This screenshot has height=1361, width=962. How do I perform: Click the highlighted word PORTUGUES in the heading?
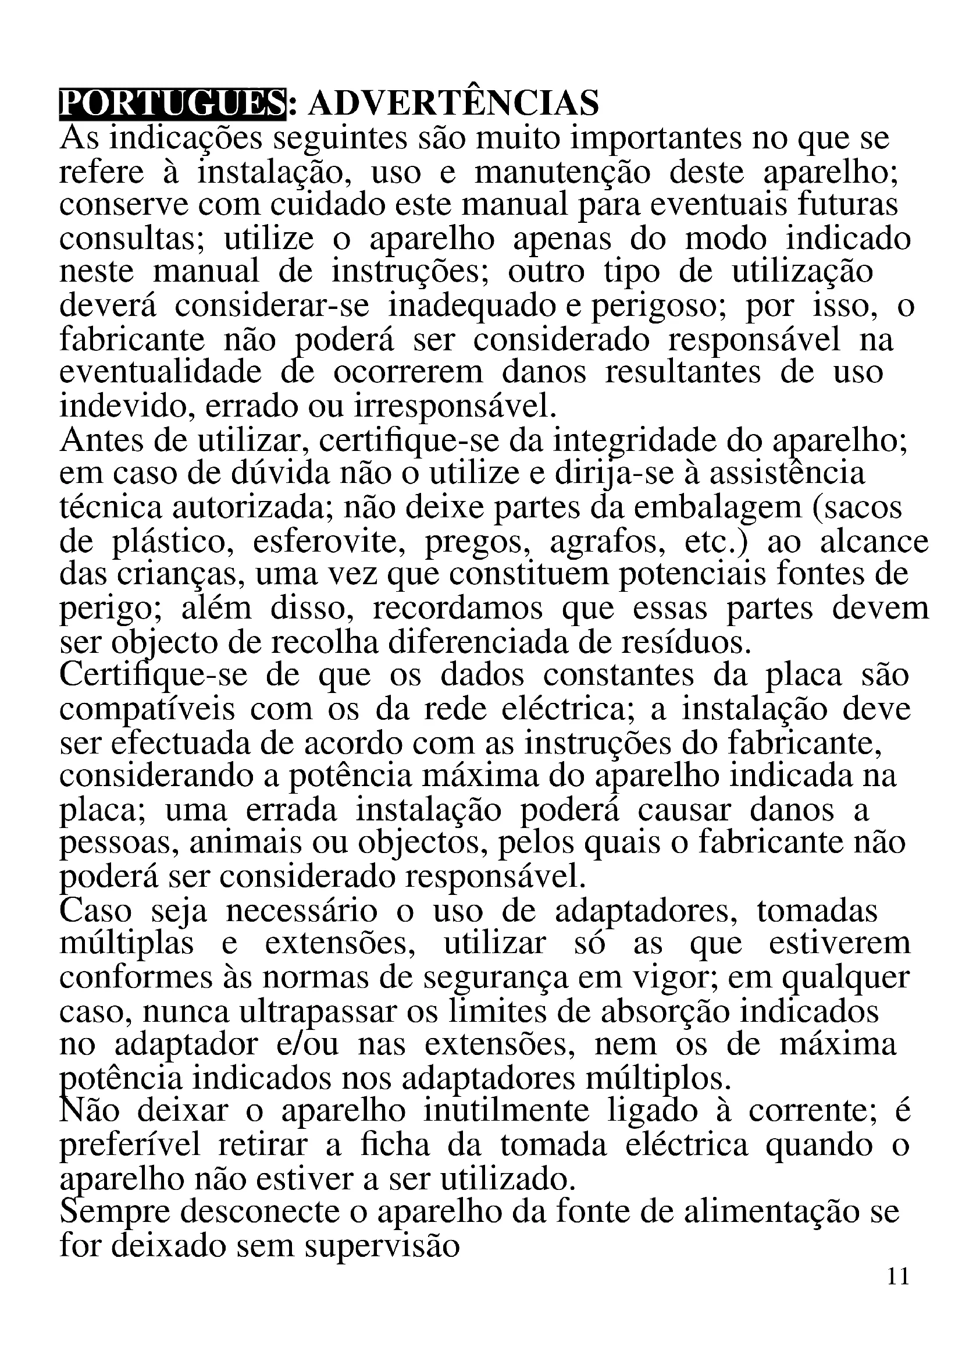click(172, 104)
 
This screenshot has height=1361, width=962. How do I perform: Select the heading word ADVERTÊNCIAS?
click(454, 104)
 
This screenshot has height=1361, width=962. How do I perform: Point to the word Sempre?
click(106, 1211)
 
